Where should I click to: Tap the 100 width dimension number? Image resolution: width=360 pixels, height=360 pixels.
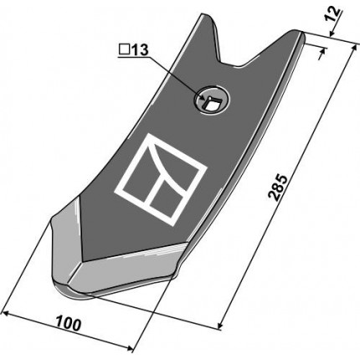(x=69, y=323)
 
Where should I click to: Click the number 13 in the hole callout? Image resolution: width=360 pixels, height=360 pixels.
(x=139, y=50)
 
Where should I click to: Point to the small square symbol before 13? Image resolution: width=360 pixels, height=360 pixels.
(x=124, y=50)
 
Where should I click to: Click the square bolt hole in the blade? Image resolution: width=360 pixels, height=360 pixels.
(x=211, y=103)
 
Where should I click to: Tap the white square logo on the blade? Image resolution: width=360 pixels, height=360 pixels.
(x=161, y=179)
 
